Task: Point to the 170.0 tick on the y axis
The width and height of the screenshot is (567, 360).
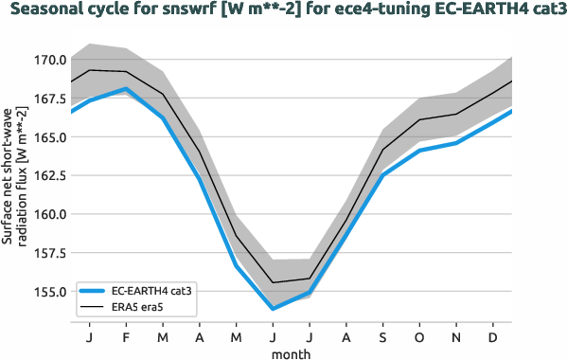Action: coord(49,60)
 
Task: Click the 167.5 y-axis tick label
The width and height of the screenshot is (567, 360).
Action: coord(49,99)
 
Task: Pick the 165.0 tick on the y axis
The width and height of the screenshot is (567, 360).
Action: coord(49,137)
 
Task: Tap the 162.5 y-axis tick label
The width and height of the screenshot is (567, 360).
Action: coord(49,175)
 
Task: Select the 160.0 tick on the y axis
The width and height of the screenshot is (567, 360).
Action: coord(49,214)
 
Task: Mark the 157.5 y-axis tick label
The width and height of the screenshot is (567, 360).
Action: coord(49,253)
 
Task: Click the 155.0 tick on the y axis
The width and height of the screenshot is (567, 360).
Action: coord(49,292)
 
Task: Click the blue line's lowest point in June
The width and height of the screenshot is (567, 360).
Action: coord(273,309)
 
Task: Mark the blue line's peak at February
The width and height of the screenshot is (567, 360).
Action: coord(126,89)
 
